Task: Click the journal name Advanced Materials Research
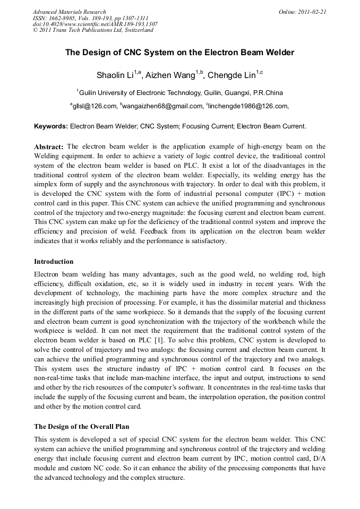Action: tap(69, 12)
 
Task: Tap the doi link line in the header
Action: tap(95, 24)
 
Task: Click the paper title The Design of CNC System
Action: tap(179, 53)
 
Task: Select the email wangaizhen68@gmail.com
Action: tap(162, 106)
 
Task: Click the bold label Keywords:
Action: tap(51, 127)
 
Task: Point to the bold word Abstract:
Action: tap(49, 146)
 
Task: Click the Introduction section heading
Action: tap(54, 262)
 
